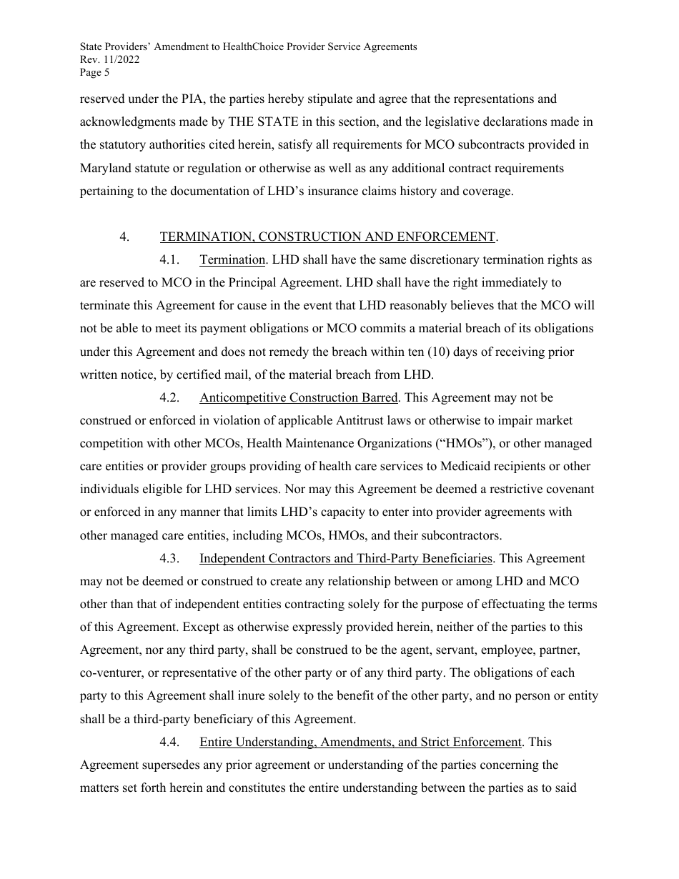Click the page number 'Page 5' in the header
tap(94, 72)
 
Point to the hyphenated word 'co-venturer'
tap(111, 672)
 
